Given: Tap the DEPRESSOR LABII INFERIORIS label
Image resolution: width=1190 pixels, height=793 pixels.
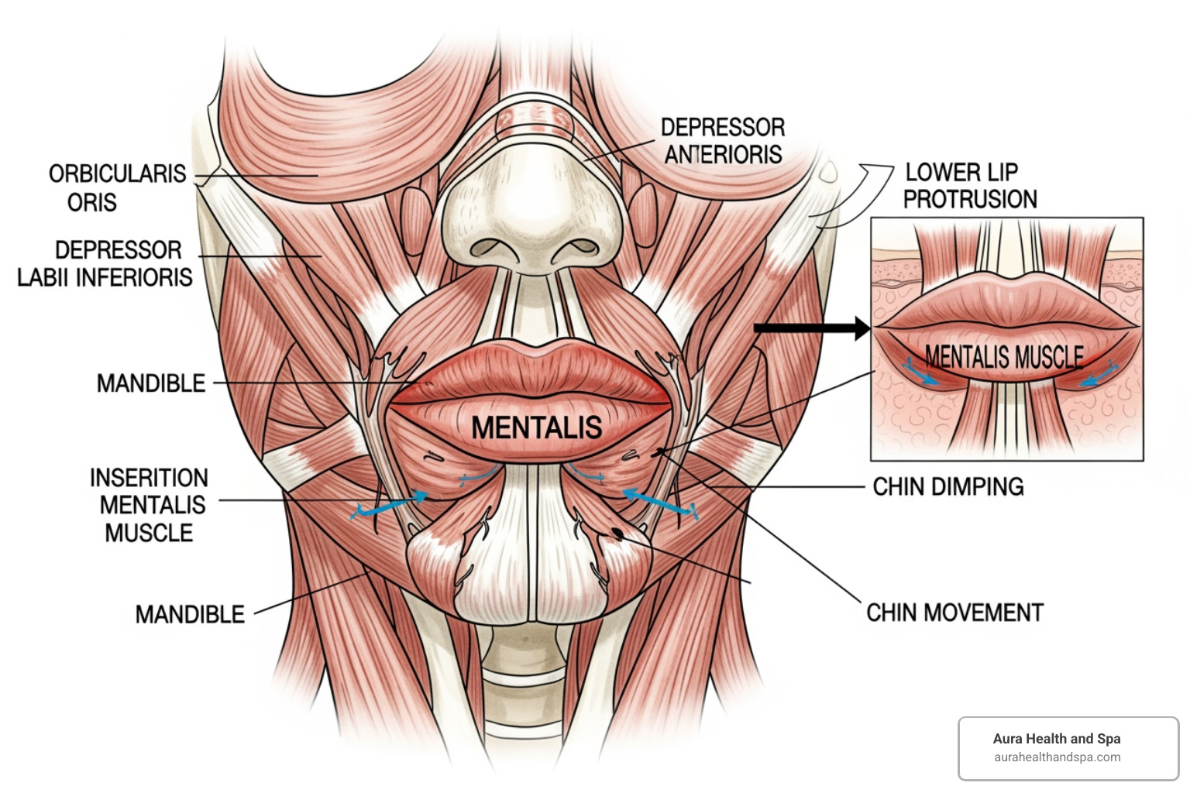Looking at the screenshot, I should click(106, 263).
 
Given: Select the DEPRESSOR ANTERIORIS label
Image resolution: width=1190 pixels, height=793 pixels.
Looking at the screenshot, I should click(722, 141).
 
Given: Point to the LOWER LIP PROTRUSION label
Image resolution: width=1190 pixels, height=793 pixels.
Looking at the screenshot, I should click(969, 186).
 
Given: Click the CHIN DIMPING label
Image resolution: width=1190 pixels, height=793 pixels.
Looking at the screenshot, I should click(948, 486).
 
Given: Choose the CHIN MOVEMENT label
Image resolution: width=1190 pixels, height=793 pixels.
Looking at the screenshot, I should click(954, 613).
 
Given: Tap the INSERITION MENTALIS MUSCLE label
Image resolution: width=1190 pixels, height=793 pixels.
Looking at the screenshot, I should click(149, 505).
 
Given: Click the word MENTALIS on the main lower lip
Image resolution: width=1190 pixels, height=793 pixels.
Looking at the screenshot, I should click(536, 427).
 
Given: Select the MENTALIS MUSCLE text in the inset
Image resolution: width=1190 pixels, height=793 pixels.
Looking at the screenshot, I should click(1004, 357).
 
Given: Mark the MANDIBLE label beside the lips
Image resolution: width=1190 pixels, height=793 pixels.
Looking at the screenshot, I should click(151, 383).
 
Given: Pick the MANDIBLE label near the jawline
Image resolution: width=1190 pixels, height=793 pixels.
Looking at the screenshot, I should click(190, 615).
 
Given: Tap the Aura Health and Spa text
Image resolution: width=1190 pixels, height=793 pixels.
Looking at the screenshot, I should click(1057, 739).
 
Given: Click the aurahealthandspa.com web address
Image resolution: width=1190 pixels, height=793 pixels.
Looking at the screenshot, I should click(1057, 757).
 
